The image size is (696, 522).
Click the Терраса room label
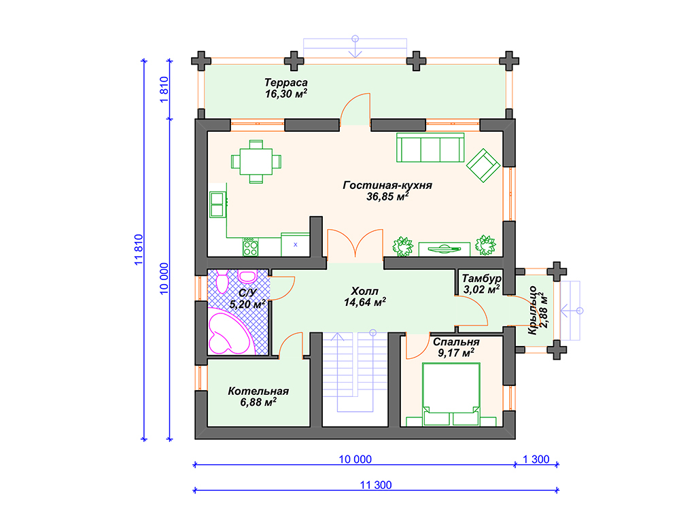tap(286, 82)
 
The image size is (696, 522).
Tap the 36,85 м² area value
tap(387, 196)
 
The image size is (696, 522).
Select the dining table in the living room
tap(256, 162)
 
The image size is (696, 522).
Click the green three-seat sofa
tap(430, 147)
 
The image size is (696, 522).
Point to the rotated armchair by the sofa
tap(483, 165)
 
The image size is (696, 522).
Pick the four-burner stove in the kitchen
tap(250, 247)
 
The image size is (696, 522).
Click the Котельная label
tap(258, 391)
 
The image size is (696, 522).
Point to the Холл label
tap(364, 291)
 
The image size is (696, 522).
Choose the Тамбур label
tap(482, 278)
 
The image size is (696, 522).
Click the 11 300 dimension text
tap(376, 485)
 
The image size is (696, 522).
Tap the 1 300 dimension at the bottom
tap(536, 459)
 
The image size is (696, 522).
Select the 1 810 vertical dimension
tap(164, 90)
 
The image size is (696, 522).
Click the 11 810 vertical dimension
tap(139, 250)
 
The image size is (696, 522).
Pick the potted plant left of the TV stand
tap(402, 246)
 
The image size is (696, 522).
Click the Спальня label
tap(456, 342)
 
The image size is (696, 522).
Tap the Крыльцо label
tap(532, 310)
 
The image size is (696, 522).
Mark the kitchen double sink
tap(217, 204)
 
